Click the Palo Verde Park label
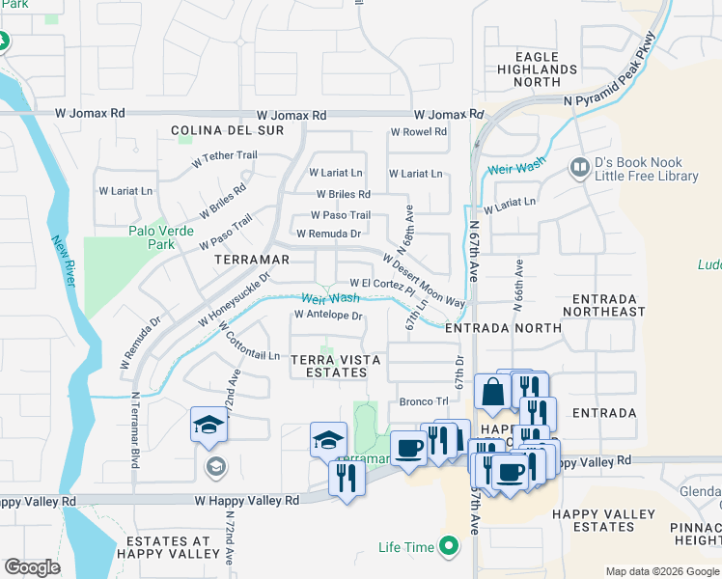tap(161, 237)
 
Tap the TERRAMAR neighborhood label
tap(253, 261)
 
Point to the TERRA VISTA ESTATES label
tap(336, 367)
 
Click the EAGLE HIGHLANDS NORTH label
tap(538, 69)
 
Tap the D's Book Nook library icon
tap(580, 168)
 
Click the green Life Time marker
tap(447, 547)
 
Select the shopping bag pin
tap(492, 393)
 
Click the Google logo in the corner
tap(32, 567)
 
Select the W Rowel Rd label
tap(418, 132)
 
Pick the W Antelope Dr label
tap(328, 316)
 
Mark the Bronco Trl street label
tap(424, 401)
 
